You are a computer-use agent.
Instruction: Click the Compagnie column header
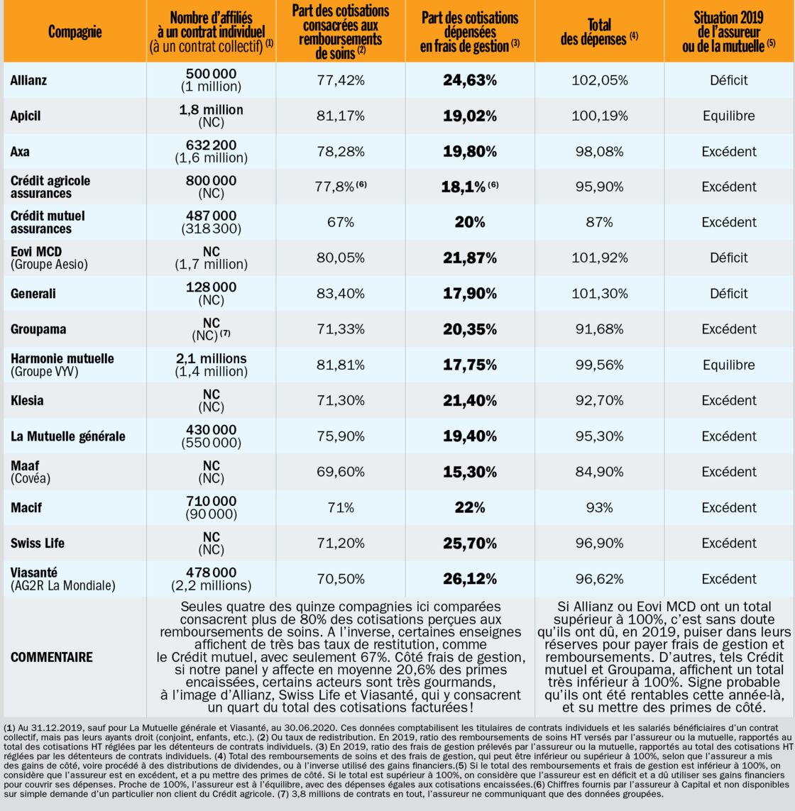tap(75, 32)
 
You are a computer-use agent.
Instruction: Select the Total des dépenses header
tap(599, 32)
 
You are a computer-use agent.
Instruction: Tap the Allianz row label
tap(28, 80)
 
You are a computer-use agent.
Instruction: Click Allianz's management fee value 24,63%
tap(470, 80)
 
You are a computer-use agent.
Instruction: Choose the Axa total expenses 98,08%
tap(599, 152)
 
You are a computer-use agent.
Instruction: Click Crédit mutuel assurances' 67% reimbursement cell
tap(341, 222)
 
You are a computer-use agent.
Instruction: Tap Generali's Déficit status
tap(729, 294)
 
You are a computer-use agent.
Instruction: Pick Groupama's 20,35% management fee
tap(470, 329)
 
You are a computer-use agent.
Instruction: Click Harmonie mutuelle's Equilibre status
tap(729, 365)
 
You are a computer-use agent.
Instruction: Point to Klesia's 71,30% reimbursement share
tap(341, 401)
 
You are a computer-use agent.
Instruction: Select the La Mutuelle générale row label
tap(68, 436)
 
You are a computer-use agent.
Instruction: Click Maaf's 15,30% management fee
tap(470, 473)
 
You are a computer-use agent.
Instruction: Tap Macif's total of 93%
tap(599, 508)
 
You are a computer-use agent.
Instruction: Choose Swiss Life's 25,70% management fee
tap(470, 544)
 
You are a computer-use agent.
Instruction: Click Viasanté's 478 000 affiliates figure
tap(212, 573)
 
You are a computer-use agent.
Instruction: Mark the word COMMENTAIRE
tap(52, 658)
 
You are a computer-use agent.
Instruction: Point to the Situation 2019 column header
tap(729, 32)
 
